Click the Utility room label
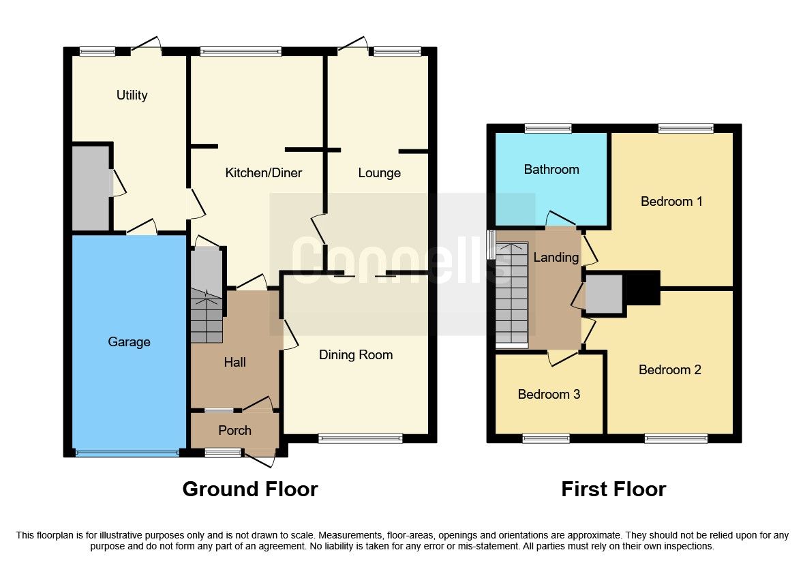pyautogui.click(x=132, y=95)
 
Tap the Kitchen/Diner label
pyautogui.click(x=263, y=173)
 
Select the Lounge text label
pyautogui.click(x=379, y=173)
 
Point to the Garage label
pyautogui.click(x=129, y=342)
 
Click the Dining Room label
pyautogui.click(x=356, y=355)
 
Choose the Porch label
pyautogui.click(x=234, y=431)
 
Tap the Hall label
pyautogui.click(x=234, y=363)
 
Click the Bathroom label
pyautogui.click(x=551, y=170)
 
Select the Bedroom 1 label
pyautogui.click(x=671, y=202)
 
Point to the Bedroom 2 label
pyautogui.click(x=669, y=370)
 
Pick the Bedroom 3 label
pyautogui.click(x=549, y=395)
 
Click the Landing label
pyautogui.click(x=556, y=258)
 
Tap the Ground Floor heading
pyautogui.click(x=249, y=489)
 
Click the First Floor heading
pyautogui.click(x=613, y=489)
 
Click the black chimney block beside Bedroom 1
pyautogui.click(x=643, y=287)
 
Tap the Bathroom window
pyautogui.click(x=548, y=128)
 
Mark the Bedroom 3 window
pyautogui.click(x=546, y=438)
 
